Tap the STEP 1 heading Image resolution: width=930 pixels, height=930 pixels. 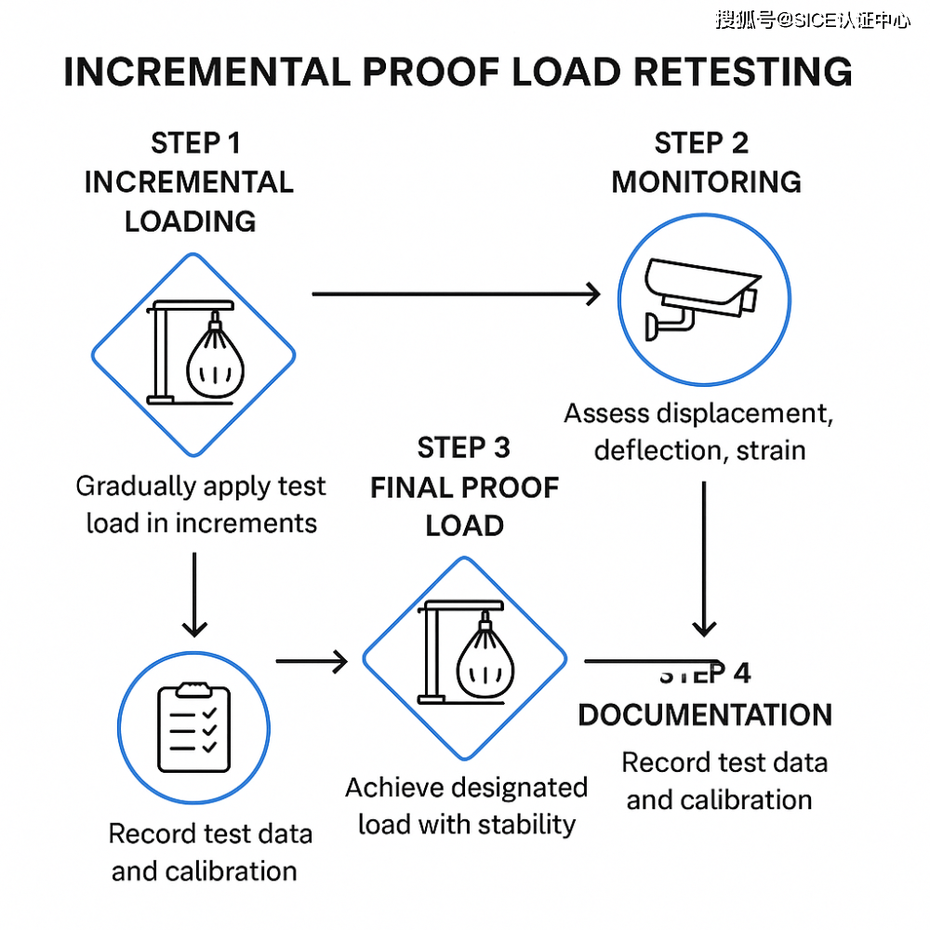(195, 143)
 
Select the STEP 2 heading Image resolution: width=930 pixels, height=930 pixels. (701, 143)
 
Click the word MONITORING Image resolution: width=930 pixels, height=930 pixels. (706, 181)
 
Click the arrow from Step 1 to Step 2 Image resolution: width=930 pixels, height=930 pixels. (456, 295)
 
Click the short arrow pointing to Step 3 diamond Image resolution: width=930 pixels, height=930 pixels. (312, 661)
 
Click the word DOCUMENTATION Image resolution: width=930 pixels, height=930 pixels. (705, 715)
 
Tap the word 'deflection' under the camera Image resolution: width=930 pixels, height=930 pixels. (658, 451)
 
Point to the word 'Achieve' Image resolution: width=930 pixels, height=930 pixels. (395, 788)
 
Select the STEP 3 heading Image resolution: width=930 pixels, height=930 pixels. (463, 447)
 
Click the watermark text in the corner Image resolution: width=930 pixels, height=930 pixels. (812, 20)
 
